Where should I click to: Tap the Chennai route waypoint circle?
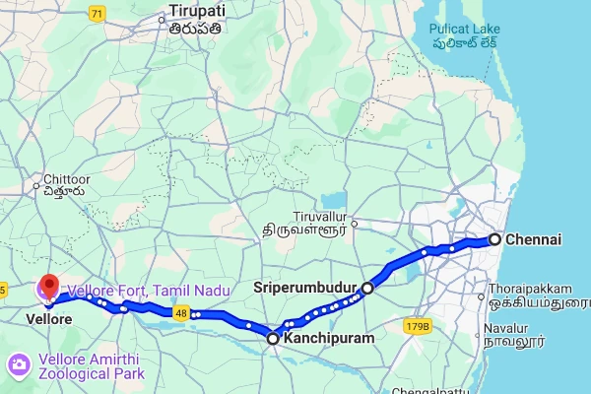(x=494, y=239)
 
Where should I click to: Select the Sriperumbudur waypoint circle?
(x=367, y=289)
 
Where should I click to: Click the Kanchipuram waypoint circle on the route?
(x=273, y=338)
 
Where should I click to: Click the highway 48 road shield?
(x=180, y=313)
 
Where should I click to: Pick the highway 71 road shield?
(x=96, y=13)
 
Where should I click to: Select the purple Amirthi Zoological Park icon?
(x=18, y=365)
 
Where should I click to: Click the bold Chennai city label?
(x=533, y=239)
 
